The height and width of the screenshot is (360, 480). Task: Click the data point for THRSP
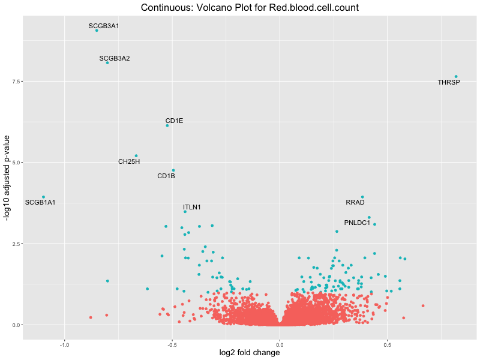coord(456,77)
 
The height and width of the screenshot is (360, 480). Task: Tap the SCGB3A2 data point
coord(107,62)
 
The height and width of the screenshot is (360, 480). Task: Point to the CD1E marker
coord(167,125)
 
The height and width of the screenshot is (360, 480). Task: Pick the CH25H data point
coord(136,156)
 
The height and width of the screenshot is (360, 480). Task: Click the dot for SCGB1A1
coord(43,197)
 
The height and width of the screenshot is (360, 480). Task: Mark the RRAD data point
coord(362,197)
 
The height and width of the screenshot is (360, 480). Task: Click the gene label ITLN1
coord(192,208)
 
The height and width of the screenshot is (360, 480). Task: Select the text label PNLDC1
coord(357,223)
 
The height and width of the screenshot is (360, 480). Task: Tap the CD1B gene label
coord(166,176)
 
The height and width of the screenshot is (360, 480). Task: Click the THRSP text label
coord(449,82)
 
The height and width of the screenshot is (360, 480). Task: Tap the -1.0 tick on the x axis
coord(64,344)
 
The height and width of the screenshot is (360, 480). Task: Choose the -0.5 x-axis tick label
coord(172,344)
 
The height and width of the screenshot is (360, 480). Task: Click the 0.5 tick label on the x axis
coord(387,344)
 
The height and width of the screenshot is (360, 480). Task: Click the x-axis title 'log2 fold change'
coord(249,353)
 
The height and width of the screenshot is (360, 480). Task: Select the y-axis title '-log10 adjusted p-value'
coord(7,178)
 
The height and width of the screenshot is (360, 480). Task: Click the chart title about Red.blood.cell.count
coord(249,8)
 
